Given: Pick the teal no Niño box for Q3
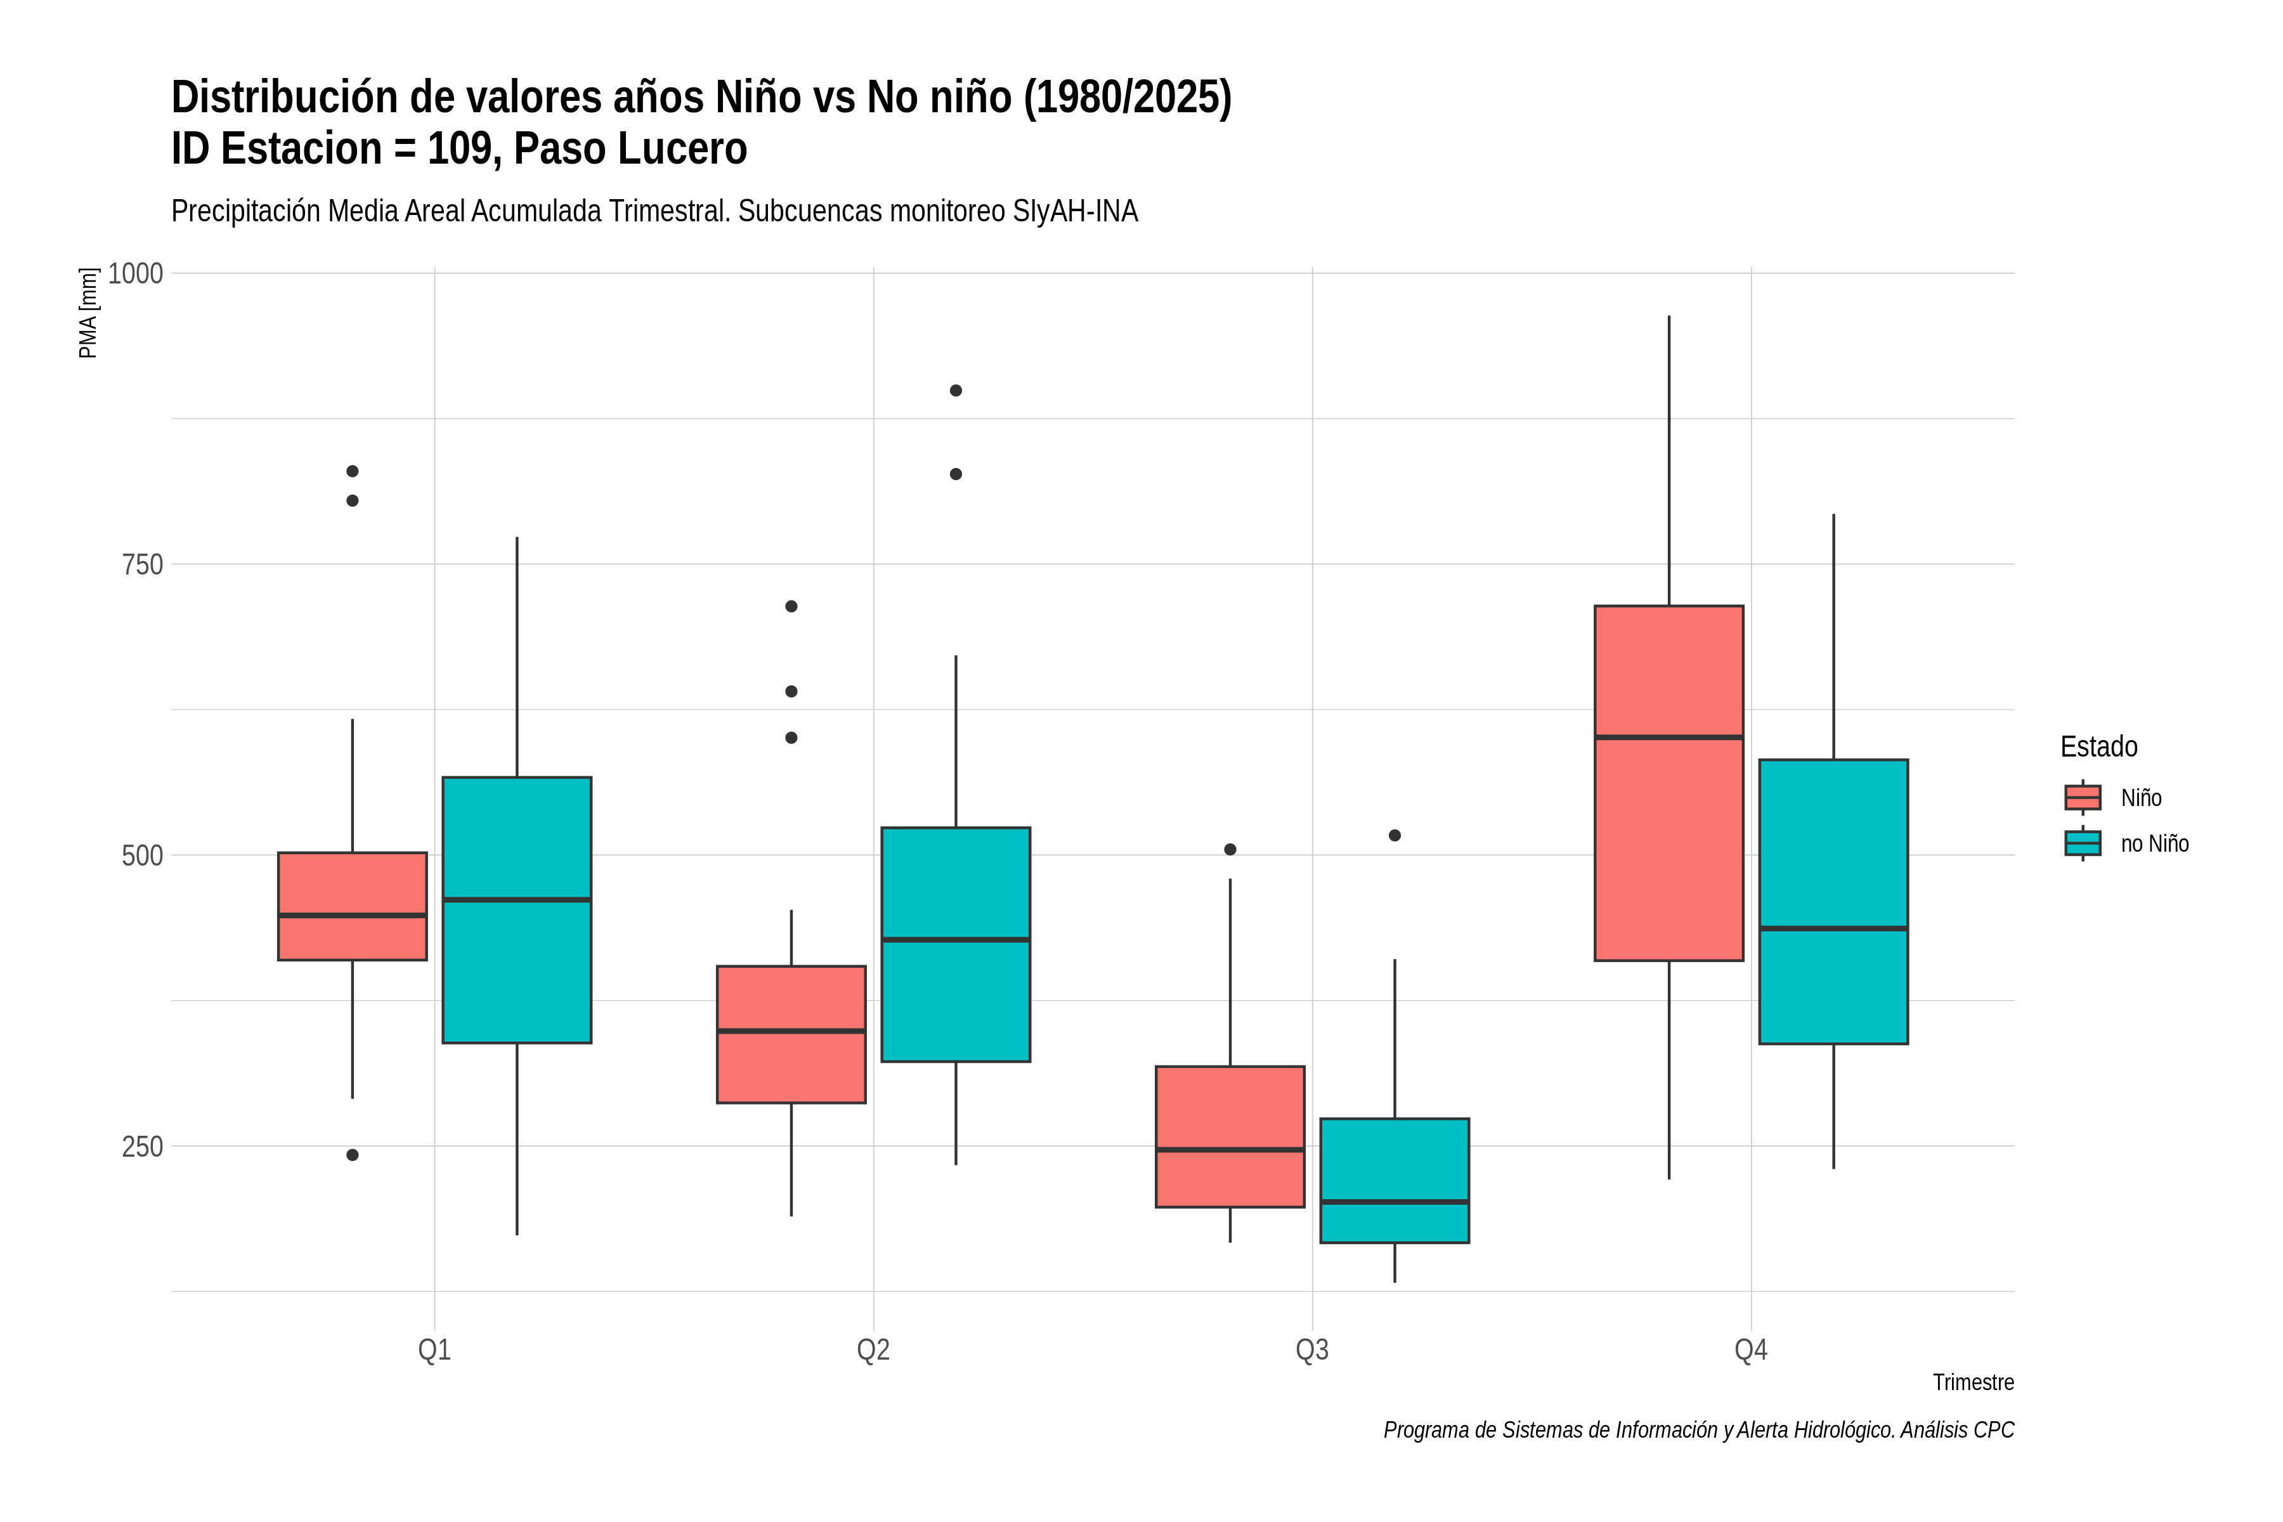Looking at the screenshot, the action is (1395, 1180).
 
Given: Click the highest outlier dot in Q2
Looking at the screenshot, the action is (956, 390).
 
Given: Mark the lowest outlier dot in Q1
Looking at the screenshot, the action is (353, 1155).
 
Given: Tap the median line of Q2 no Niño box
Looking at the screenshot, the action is (956, 940).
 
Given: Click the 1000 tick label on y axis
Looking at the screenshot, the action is (135, 274).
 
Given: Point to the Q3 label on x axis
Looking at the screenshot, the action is (1312, 1350).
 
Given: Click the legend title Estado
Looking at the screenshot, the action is (2098, 746).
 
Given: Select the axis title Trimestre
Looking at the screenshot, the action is (1974, 1382).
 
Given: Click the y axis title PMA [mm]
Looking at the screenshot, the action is (88, 313).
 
